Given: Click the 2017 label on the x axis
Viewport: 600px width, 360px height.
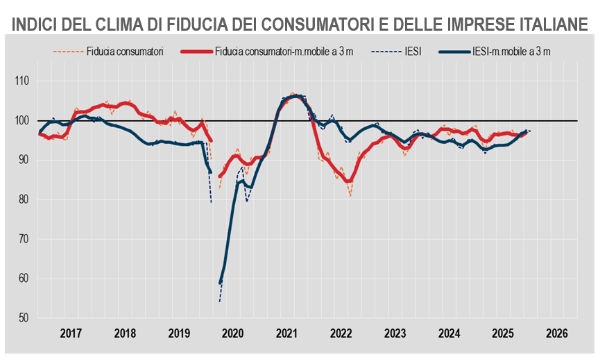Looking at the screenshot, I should pyautogui.click(x=71, y=333).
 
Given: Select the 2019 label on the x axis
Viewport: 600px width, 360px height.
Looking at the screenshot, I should pyautogui.click(x=179, y=333).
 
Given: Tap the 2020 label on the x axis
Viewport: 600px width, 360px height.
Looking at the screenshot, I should pyautogui.click(x=233, y=333).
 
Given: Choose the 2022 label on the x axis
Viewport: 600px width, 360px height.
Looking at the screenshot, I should pyautogui.click(x=341, y=333).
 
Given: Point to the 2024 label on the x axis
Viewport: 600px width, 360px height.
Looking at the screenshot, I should pyautogui.click(x=450, y=333).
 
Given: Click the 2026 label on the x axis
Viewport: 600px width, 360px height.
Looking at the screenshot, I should pyautogui.click(x=558, y=333).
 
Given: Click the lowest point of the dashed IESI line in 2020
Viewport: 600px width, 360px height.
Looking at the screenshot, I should pyautogui.click(x=219, y=301).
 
